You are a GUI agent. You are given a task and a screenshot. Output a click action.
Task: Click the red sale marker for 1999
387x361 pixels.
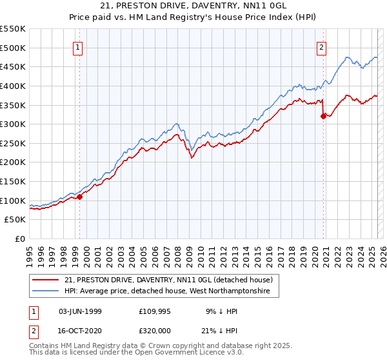[x=80, y=197]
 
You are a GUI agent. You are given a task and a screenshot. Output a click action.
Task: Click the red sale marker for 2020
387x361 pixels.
[x=324, y=117]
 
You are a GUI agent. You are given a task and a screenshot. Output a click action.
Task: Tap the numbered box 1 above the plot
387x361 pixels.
[x=77, y=46]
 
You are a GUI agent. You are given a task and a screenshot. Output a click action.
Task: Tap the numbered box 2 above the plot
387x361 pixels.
[x=321, y=46]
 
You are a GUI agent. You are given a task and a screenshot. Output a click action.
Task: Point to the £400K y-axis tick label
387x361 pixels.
[x=13, y=86]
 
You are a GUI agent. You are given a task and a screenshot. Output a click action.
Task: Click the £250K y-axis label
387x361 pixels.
[x=13, y=143]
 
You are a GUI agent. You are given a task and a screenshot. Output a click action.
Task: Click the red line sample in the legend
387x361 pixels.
[x=46, y=280]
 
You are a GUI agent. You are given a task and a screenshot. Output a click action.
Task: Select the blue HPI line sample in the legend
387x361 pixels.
[x=46, y=291]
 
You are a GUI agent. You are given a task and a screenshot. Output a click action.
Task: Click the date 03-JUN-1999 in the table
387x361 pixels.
[x=80, y=311]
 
